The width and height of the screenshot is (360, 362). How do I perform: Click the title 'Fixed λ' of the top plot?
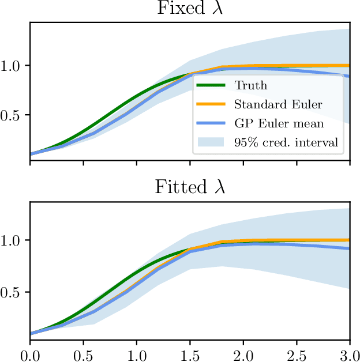pyautogui.click(x=190, y=9)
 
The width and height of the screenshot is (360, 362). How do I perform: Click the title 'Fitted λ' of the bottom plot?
pyautogui.click(x=190, y=187)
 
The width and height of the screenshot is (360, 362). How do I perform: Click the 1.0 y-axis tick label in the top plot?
pyautogui.click(x=12, y=65)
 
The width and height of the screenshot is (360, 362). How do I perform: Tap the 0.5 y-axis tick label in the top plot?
pyautogui.click(x=12, y=115)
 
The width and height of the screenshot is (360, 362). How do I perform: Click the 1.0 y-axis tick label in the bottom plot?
pyautogui.click(x=12, y=240)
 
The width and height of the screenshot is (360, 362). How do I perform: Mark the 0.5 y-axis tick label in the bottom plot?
pyautogui.click(x=12, y=292)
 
